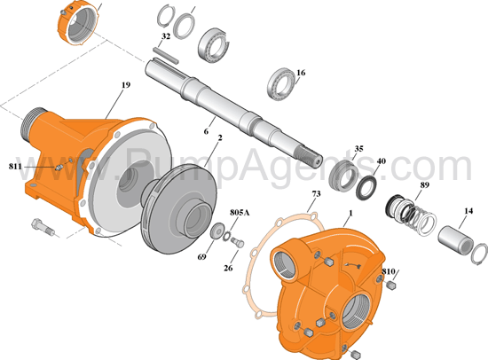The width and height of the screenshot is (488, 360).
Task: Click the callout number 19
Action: (x=126, y=84)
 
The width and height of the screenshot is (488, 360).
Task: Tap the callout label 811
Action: (x=15, y=167)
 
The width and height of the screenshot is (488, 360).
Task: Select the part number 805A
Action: (x=240, y=213)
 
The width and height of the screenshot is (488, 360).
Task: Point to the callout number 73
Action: (x=316, y=194)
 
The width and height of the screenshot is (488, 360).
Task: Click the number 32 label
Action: (x=166, y=36)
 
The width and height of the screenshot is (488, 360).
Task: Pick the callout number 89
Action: (x=424, y=184)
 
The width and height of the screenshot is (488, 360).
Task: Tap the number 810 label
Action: (x=388, y=271)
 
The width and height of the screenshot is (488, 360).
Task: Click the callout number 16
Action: (x=301, y=73)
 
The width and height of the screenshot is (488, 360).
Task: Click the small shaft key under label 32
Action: (x=166, y=55)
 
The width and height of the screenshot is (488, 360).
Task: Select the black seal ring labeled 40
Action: (x=366, y=188)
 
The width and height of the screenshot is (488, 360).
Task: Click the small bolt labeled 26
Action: (x=238, y=242)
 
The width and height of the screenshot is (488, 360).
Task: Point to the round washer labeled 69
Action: (x=217, y=231)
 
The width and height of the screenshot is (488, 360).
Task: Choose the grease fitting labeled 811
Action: (x=59, y=168)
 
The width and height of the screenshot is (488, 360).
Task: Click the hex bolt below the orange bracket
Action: (x=43, y=226)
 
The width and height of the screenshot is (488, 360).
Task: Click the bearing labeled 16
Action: (x=281, y=83)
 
